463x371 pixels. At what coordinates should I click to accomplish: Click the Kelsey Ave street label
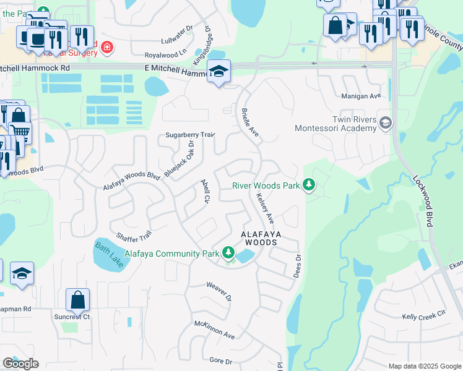(265, 207)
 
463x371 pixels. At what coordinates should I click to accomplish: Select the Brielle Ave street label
(249, 121)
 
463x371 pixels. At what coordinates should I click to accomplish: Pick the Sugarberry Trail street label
(189, 135)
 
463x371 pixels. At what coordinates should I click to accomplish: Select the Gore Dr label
(220, 360)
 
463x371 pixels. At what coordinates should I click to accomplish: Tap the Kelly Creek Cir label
(423, 316)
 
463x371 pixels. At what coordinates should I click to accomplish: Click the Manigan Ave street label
(361, 96)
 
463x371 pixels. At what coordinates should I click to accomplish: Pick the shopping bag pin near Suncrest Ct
(78, 300)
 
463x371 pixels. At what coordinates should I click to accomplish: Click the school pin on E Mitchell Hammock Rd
(219, 72)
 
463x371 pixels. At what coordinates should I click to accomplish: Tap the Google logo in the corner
(20, 364)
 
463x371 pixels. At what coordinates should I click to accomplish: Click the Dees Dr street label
(298, 266)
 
